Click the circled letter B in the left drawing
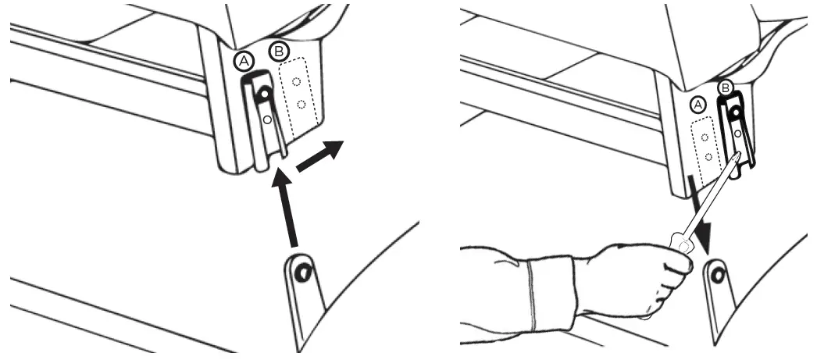[x=277, y=52]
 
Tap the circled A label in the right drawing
[x=698, y=104]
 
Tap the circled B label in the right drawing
[x=725, y=88]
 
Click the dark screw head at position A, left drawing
[x=266, y=94]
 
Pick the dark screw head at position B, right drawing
[x=735, y=114]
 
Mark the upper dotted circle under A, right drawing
[x=705, y=137]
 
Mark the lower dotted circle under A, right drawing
[x=707, y=156]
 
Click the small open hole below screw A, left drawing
[x=267, y=119]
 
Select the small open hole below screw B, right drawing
[x=737, y=134]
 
